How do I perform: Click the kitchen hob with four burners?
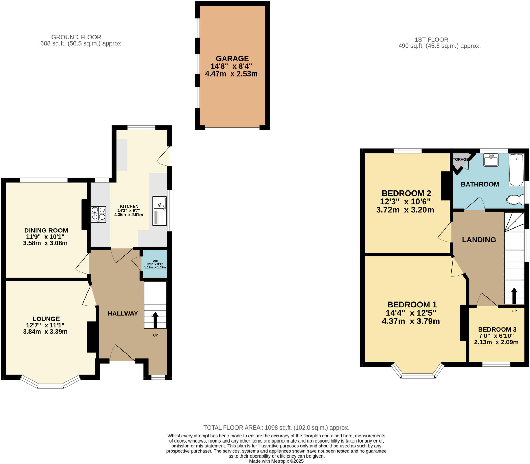point(98,214)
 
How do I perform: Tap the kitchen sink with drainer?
point(159,211)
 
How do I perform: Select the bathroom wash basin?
point(491,160)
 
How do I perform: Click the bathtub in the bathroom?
point(516,170)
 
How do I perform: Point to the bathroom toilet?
point(515,200)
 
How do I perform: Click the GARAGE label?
point(232,58)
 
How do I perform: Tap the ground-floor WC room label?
point(155,261)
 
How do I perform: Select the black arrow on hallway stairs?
point(155,320)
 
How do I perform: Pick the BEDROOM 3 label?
point(497,329)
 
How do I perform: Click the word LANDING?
point(479,240)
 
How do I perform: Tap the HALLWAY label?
point(123,314)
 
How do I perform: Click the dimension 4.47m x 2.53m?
point(231,74)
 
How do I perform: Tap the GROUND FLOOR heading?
point(76,37)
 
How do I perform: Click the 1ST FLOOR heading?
point(431,40)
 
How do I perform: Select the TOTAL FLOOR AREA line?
point(276,428)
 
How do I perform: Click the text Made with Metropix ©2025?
point(276,461)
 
